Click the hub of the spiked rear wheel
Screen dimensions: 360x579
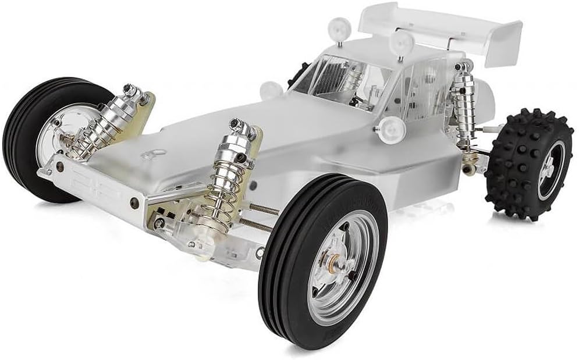[x=548, y=169]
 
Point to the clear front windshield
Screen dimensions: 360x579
[x=332, y=76]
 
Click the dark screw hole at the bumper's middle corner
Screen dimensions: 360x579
[x=134, y=203]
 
